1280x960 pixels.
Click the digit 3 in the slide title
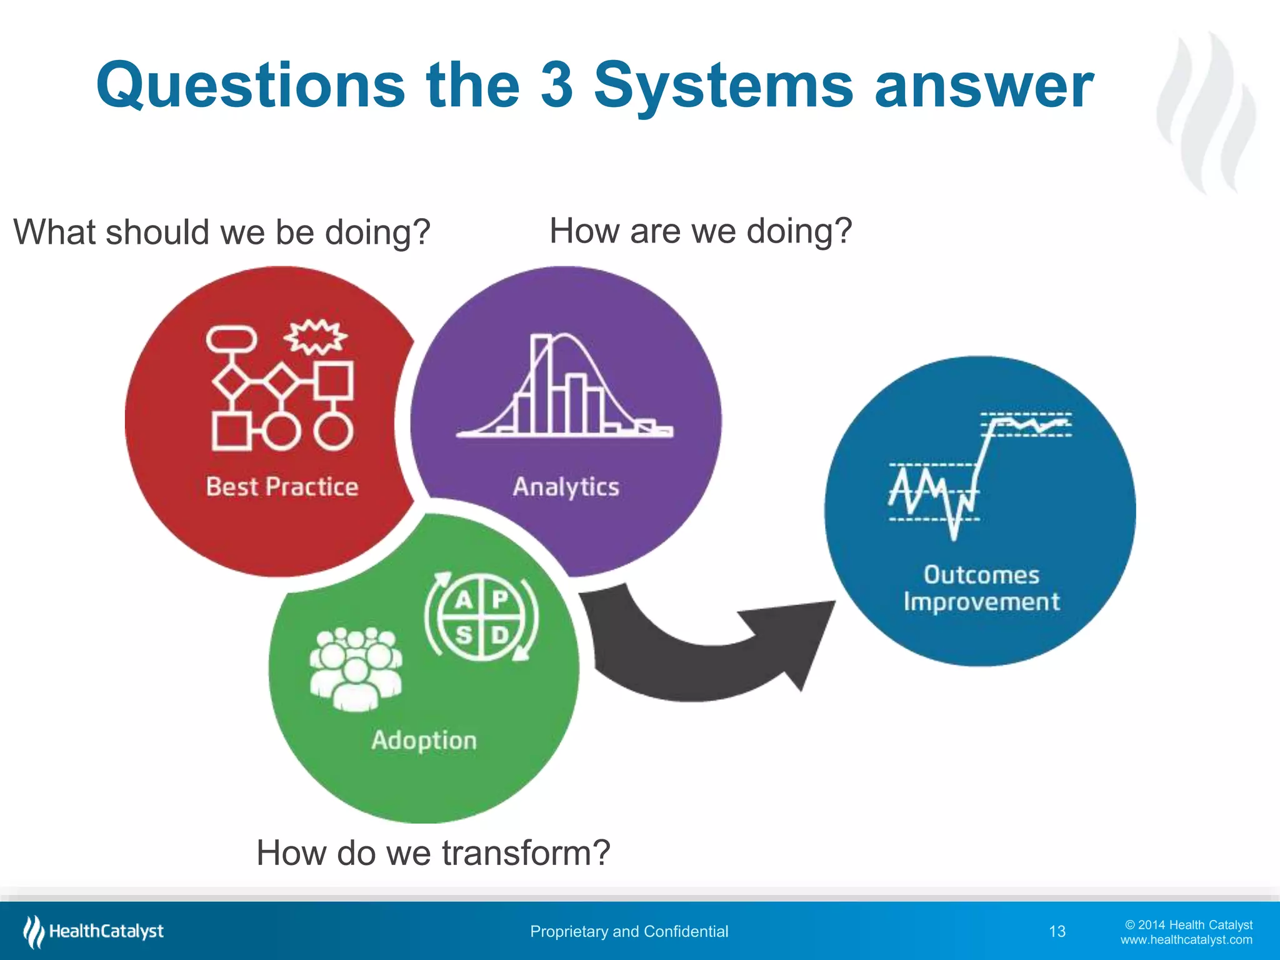pos(557,86)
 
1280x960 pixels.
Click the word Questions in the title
pos(251,86)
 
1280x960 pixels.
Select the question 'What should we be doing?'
pos(222,232)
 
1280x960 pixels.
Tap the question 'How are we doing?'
pos(701,231)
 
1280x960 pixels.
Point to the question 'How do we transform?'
pos(433,852)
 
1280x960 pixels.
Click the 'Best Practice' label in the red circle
pos(282,487)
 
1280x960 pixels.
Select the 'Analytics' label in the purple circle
pos(566,487)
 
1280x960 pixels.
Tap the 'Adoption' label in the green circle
pos(424,740)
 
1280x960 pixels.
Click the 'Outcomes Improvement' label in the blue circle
pos(981,588)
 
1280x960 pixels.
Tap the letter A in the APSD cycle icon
pos(463,600)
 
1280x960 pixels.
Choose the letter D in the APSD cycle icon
pos(500,636)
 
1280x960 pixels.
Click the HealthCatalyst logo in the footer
pos(94,931)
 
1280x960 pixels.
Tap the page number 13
pos(1057,932)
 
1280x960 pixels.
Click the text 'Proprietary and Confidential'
pos(629,932)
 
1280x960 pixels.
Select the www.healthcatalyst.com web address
pos(1186,940)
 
